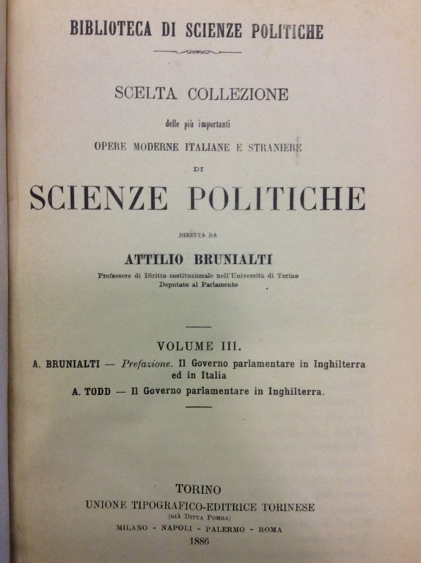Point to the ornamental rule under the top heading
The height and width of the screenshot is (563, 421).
(x=196, y=52)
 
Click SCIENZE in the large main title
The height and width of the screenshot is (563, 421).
(x=99, y=198)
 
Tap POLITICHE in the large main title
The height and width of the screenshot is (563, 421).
(x=277, y=198)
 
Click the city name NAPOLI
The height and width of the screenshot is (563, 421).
(x=180, y=529)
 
